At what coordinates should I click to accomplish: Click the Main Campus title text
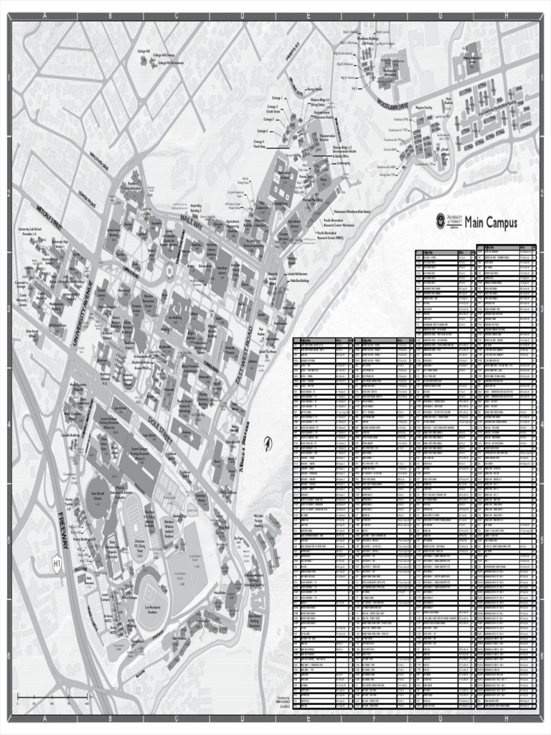pos(491,223)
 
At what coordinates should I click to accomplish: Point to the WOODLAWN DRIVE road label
pos(392,107)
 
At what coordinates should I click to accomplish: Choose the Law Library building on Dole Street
pos(151,438)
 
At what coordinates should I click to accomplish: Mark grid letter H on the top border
pos(507,16)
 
